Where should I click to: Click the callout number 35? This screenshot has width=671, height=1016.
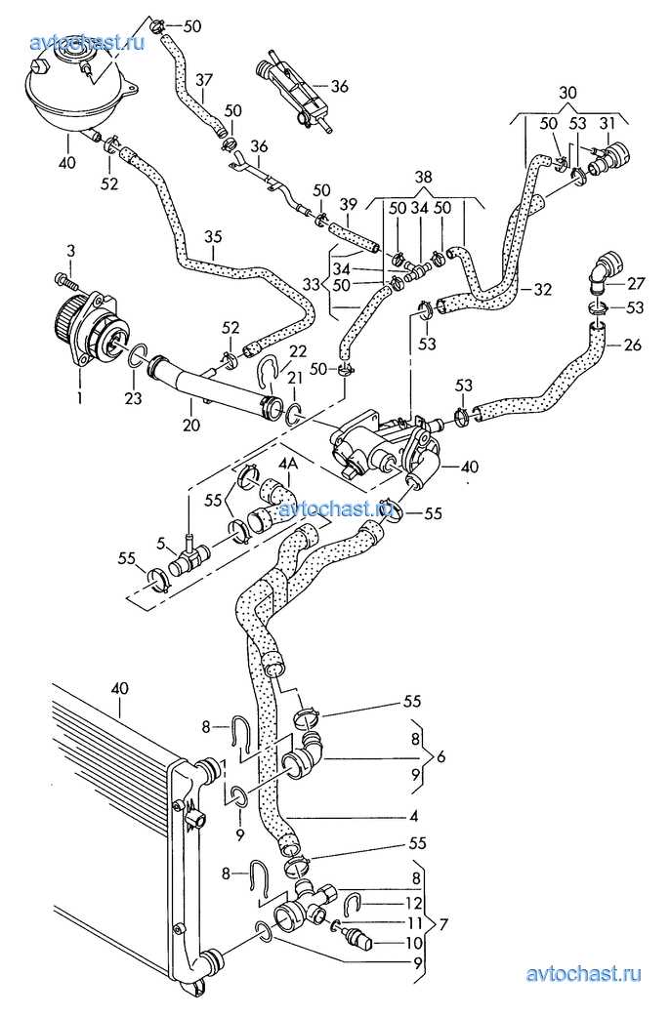tap(213, 237)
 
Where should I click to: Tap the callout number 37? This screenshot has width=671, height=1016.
tap(204, 79)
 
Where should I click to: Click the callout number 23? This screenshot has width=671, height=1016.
tap(132, 398)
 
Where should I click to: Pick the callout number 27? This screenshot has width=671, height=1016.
tap(637, 284)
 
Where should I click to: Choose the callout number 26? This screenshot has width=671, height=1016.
tap(633, 344)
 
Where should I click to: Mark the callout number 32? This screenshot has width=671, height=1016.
tap(542, 289)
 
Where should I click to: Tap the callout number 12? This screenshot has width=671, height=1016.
tap(414, 903)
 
